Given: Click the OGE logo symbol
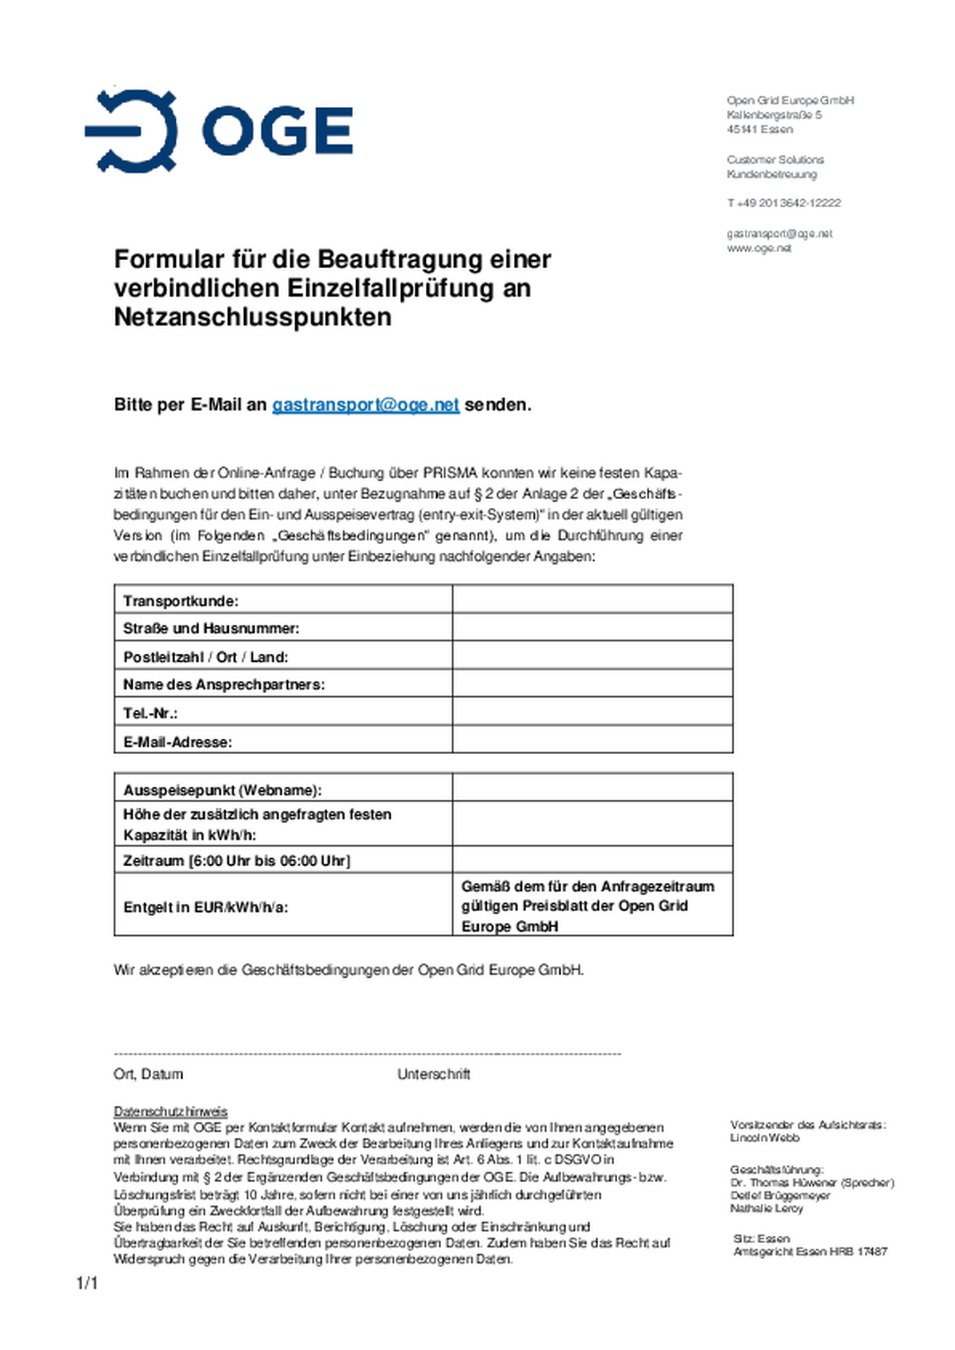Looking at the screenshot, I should click(x=131, y=131).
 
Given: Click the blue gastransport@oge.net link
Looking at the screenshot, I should click(x=365, y=404).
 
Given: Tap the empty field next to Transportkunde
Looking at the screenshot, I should click(x=592, y=599).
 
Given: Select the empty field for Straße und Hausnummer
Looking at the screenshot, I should click(x=592, y=627).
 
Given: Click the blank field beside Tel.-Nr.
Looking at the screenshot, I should click(x=592, y=712).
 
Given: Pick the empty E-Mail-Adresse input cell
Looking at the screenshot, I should click(x=592, y=739).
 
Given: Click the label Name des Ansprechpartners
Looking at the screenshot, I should click(x=223, y=684).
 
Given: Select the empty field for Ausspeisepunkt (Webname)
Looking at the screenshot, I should click(x=592, y=788).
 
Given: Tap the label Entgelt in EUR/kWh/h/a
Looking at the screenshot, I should click(x=206, y=907).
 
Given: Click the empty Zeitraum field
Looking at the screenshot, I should click(x=592, y=860).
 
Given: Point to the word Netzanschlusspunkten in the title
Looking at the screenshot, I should click(x=253, y=317).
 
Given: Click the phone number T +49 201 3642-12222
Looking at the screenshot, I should click(x=783, y=203).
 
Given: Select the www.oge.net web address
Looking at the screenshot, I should click(x=759, y=248).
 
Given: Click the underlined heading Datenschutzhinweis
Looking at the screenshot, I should click(x=170, y=1112).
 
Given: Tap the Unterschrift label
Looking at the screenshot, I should click(x=434, y=1075).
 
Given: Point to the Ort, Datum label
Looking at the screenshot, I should click(x=148, y=1075).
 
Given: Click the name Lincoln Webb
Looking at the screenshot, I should click(x=764, y=1138).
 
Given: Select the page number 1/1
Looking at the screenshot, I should click(x=87, y=1284).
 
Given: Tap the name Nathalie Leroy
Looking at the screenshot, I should click(x=766, y=1208).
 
